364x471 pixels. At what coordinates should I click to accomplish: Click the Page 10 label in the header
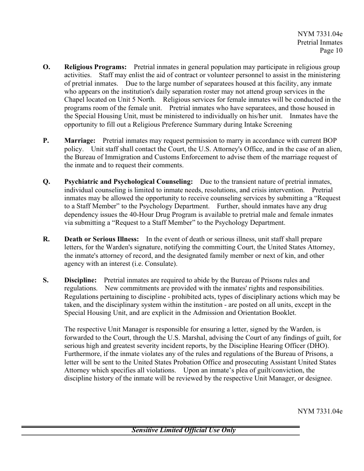click(331, 51)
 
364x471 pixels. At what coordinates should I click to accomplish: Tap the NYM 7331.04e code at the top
click(320, 34)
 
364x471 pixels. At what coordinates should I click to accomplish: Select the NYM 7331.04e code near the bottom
click(320, 411)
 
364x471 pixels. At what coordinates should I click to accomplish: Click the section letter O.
click(46, 67)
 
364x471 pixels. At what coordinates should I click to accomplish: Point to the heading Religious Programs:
click(95, 67)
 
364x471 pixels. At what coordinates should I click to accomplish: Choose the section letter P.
click(45, 140)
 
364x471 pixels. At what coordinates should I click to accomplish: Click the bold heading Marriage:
click(80, 140)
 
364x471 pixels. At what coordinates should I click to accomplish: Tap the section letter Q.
click(46, 182)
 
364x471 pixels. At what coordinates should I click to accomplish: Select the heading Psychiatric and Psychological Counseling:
click(128, 182)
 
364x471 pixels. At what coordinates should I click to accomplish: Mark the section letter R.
click(46, 239)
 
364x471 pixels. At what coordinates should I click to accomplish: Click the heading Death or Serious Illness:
click(101, 239)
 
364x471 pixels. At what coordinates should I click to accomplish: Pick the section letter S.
click(45, 280)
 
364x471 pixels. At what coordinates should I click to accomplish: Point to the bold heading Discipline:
click(80, 280)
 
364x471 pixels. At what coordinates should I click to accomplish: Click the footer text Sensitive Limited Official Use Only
click(183, 430)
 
